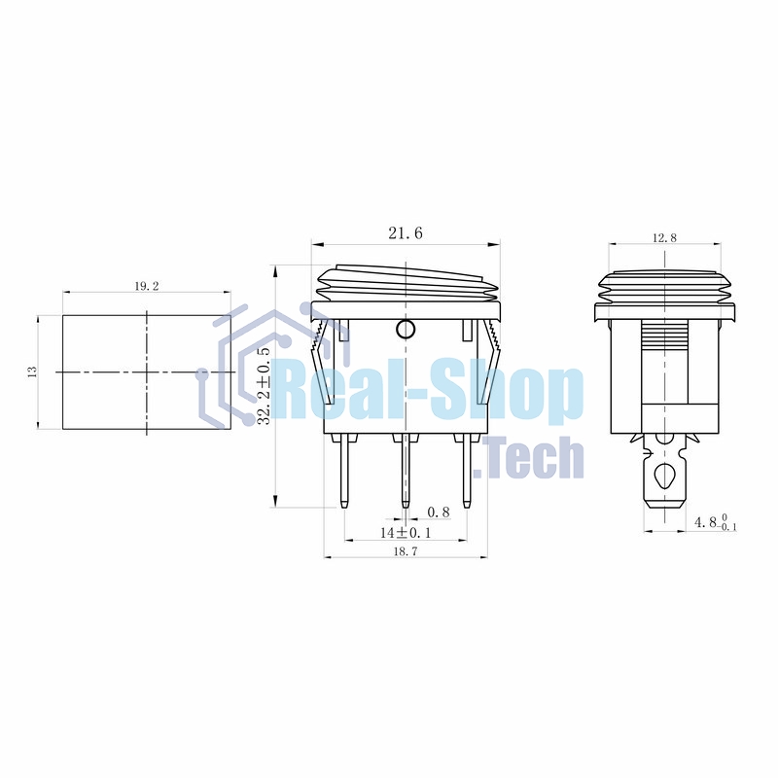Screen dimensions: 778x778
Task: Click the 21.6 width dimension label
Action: [x=406, y=232]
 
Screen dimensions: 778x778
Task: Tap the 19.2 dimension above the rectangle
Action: [x=147, y=286]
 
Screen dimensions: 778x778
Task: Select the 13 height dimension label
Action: [x=33, y=371]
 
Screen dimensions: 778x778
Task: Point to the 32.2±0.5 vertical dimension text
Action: [x=265, y=386]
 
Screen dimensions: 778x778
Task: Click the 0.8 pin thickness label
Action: [x=439, y=512]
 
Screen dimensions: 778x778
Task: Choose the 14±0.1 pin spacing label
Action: [x=406, y=532]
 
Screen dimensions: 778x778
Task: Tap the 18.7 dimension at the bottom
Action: [x=406, y=550]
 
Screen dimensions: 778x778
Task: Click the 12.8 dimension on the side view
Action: [x=664, y=237]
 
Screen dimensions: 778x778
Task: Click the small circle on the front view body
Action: [x=406, y=329]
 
